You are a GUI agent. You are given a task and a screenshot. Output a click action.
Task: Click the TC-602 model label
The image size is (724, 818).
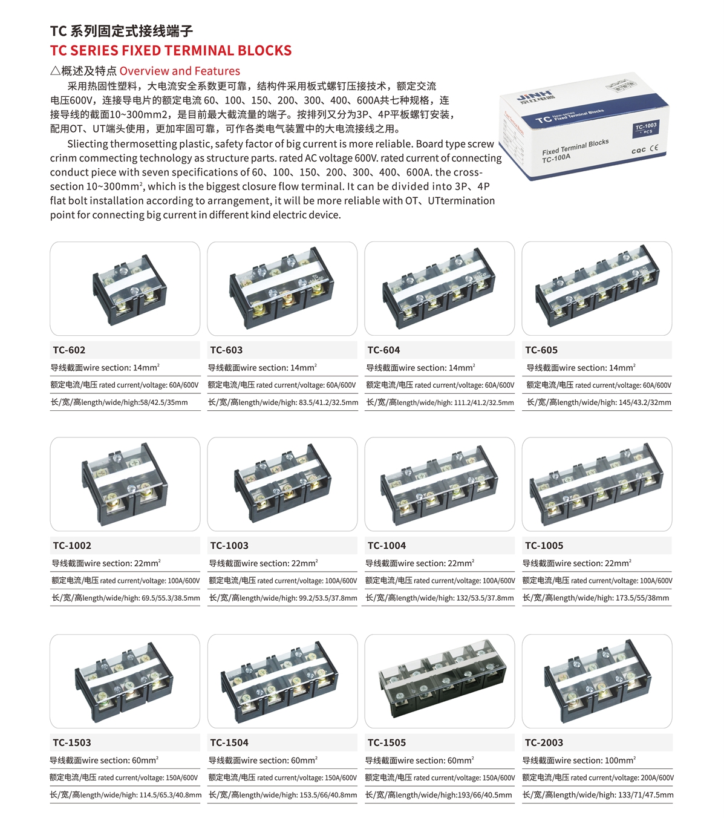click(69, 350)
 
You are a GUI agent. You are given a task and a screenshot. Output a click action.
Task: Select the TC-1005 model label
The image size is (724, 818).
click(544, 546)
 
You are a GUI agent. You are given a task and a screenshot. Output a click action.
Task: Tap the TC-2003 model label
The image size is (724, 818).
click(544, 742)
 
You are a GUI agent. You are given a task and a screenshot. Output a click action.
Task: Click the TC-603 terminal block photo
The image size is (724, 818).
click(282, 287)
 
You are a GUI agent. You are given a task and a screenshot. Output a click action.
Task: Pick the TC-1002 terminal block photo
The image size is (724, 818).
click(125, 484)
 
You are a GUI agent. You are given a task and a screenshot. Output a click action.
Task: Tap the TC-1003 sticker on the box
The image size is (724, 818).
click(646, 128)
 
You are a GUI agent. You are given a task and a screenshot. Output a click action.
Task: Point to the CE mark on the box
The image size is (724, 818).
click(654, 148)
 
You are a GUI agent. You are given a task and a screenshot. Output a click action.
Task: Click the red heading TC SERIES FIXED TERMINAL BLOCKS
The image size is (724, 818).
click(171, 50)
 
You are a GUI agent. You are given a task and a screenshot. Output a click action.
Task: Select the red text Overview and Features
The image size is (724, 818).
click(180, 71)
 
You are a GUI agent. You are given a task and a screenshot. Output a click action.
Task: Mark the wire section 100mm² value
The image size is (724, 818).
click(621, 761)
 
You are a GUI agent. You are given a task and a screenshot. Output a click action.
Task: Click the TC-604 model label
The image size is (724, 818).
click(383, 350)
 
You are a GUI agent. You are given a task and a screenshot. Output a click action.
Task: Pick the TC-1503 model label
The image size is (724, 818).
click(72, 742)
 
